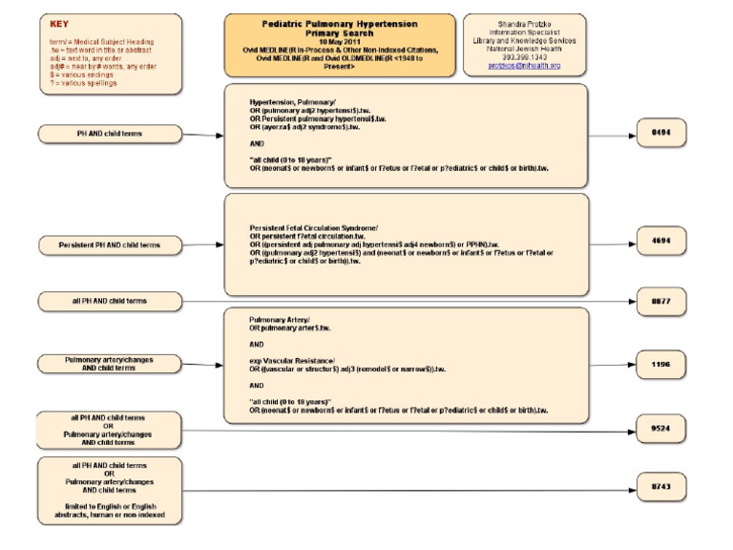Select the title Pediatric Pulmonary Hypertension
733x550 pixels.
click(325, 21)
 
